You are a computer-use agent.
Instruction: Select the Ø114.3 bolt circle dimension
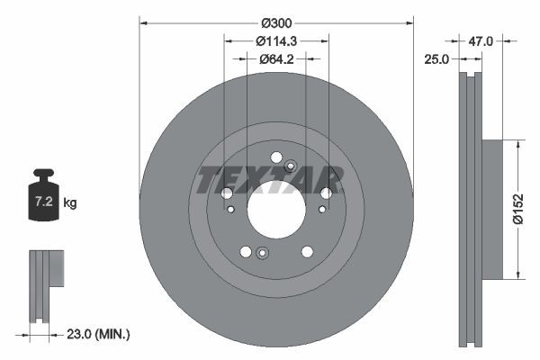276,40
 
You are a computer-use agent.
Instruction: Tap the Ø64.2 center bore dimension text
276,59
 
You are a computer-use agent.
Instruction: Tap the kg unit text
70,203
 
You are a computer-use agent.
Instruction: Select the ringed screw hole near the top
290,166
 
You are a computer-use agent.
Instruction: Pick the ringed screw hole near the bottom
261,252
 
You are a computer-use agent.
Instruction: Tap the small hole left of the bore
231,210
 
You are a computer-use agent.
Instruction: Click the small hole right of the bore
319,210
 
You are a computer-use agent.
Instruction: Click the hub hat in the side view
492,209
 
